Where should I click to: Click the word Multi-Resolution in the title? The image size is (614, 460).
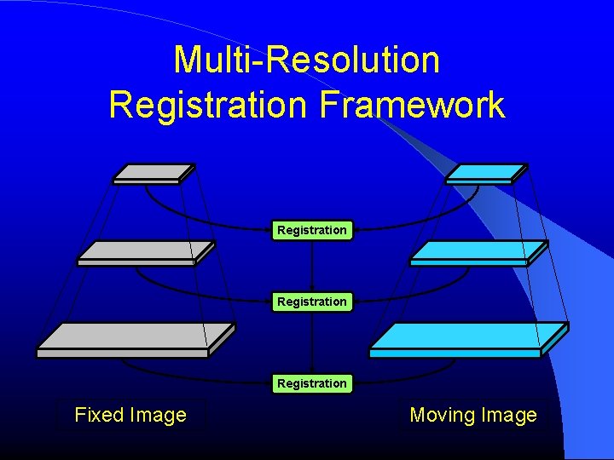tap(306, 60)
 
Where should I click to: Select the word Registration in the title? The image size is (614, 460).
tap(209, 106)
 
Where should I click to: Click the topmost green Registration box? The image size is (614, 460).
tap(312, 230)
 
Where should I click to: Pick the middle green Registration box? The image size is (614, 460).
tap(312, 302)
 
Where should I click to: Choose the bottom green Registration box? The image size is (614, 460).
tap(312, 383)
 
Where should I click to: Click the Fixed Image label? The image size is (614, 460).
tap(130, 415)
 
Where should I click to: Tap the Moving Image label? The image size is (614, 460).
tap(473, 415)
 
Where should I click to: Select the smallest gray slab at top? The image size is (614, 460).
tap(153, 173)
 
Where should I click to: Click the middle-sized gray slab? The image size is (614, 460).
tap(145, 251)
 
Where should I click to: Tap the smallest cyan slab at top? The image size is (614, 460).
tap(486, 173)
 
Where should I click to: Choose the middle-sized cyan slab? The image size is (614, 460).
tap(478, 251)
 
